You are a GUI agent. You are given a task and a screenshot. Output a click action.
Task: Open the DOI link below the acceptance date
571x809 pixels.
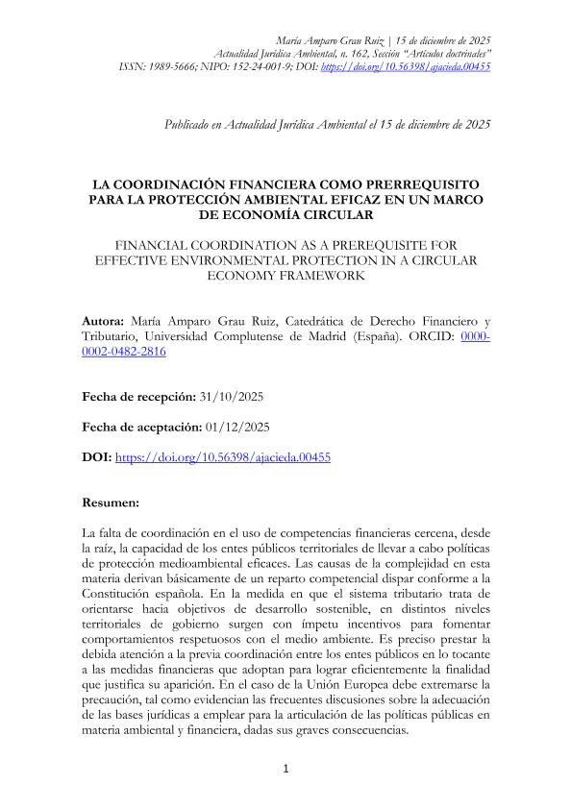coord(223,458)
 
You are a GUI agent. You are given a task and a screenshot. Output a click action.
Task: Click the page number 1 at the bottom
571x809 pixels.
coord(285,769)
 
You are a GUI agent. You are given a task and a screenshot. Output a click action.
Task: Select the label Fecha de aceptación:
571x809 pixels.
coord(140,428)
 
